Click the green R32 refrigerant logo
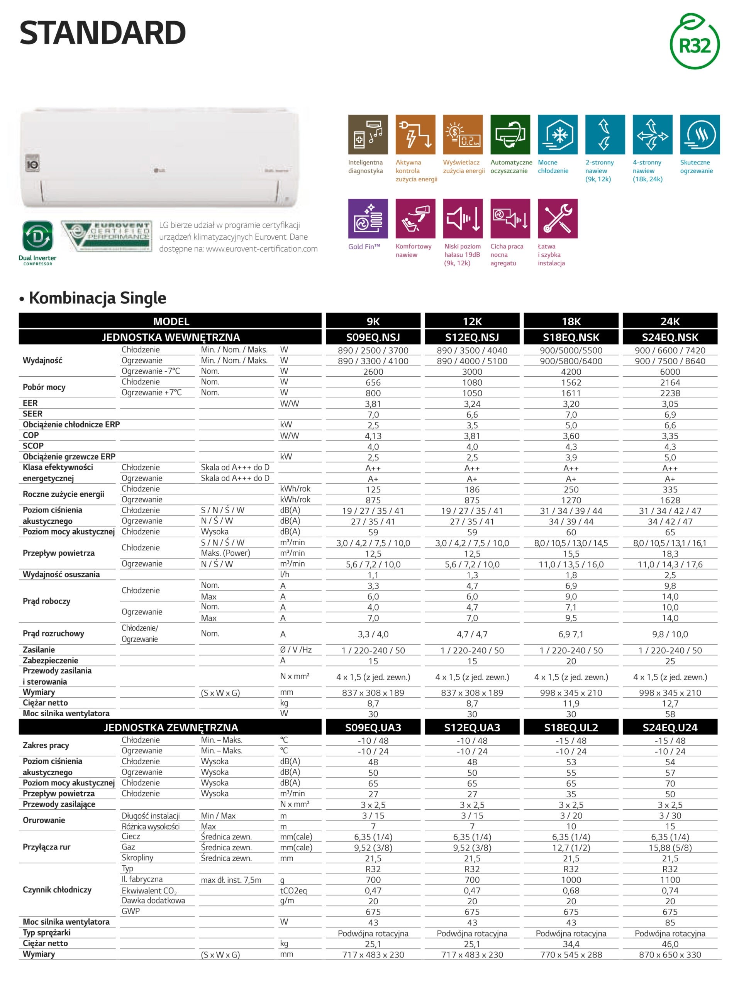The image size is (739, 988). click(694, 42)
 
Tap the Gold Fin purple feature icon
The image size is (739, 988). click(368, 218)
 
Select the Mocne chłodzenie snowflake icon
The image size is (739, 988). click(557, 134)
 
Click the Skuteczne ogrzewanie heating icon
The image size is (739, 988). click(699, 134)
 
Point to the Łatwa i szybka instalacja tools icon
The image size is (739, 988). click(557, 218)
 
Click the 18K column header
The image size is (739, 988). click(571, 321)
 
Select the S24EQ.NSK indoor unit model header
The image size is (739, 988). click(669, 337)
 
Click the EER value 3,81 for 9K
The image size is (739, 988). click(373, 404)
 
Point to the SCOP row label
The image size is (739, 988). click(33, 446)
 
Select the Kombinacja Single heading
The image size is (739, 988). click(97, 298)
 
